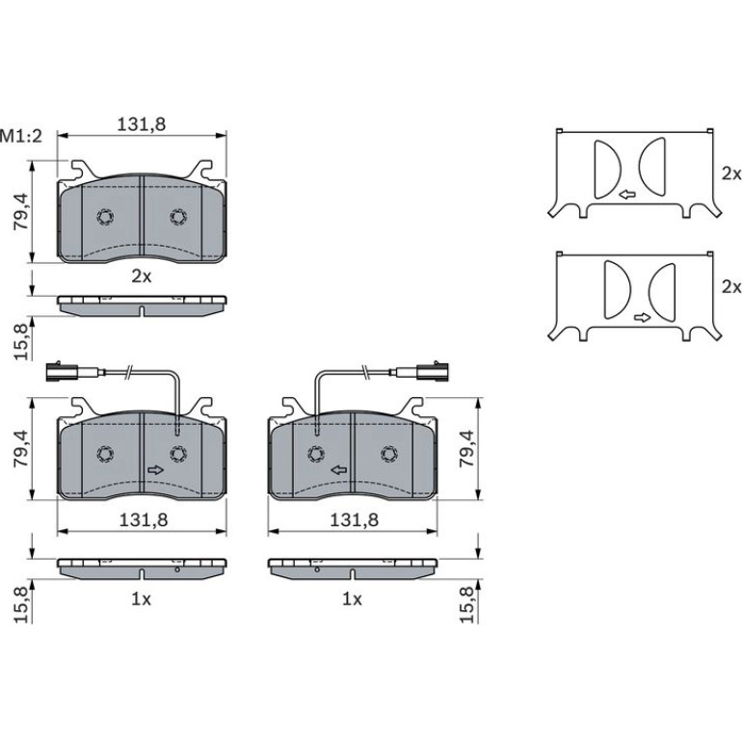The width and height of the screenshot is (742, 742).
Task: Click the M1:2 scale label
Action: coord(21,136)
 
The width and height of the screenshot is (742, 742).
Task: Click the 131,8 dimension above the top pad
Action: coord(142,124)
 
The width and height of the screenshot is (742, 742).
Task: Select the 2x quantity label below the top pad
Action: coord(142,277)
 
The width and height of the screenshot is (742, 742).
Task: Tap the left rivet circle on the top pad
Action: coord(105,217)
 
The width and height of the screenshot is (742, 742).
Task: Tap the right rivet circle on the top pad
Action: coord(178,217)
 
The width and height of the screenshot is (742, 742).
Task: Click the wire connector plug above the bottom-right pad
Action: coord(434,371)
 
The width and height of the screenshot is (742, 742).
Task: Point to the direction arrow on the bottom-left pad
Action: coord(156,470)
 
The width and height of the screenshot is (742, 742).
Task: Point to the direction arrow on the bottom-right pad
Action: coord(339,470)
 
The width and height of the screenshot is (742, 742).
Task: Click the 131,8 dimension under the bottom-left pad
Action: coord(144,520)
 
